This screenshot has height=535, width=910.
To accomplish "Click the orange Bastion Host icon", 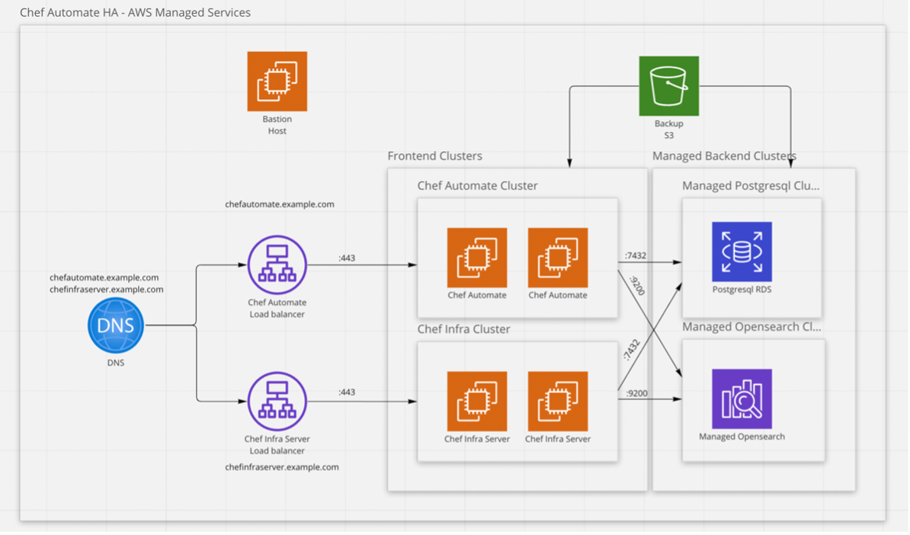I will pos(277,82).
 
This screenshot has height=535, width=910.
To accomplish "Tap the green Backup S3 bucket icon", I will pos(668,85).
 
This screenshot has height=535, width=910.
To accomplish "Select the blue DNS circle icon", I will pos(115,325).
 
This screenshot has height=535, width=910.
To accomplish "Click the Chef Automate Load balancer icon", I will pos(277,264).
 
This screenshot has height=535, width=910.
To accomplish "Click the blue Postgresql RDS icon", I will pos(742,251).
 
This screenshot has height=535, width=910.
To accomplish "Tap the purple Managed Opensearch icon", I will pos(742,399).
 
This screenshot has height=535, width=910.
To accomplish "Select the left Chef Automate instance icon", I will pos(476,258).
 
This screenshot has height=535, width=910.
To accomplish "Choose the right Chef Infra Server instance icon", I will pos(557,401).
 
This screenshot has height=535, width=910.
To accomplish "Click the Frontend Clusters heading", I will pos(434,156).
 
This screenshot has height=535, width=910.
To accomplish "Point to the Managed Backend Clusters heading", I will pos(724,156).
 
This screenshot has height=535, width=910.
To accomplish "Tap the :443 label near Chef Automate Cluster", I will pos(347,258).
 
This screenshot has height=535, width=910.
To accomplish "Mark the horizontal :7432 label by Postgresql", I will pos(635,255).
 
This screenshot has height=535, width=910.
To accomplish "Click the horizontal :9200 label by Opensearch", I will pos(636,393).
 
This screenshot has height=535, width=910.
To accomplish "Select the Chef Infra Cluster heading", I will pos(463,329).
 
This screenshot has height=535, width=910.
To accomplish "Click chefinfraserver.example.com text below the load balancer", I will pos(282,466).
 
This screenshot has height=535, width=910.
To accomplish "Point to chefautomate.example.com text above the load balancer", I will pos(279,204).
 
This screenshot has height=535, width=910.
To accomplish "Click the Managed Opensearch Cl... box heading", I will pos(750,327).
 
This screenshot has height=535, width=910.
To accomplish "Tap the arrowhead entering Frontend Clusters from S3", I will pos(569,163).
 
